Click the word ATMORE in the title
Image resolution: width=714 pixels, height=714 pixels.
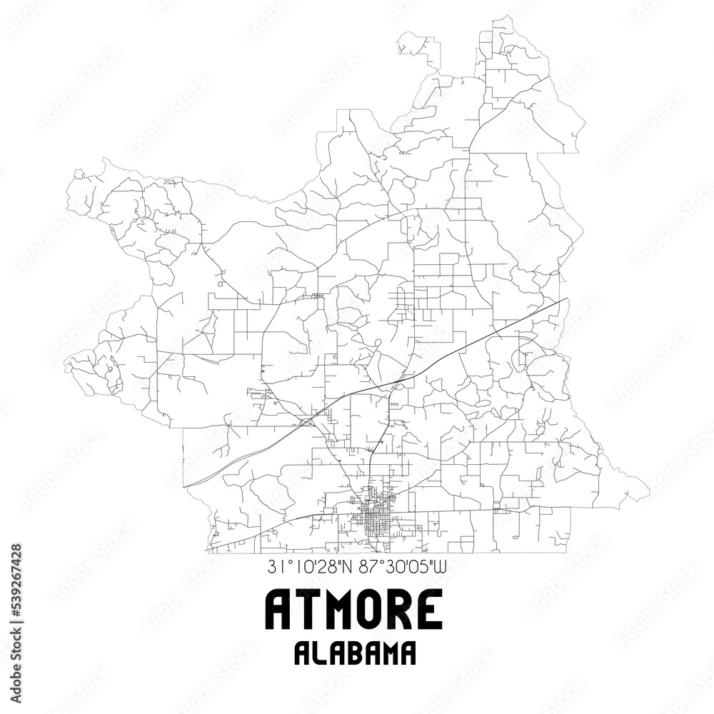pos(354,610)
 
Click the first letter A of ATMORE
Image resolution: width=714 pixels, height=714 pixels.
pos(278,610)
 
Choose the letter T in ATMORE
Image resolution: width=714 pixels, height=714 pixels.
pos(305,610)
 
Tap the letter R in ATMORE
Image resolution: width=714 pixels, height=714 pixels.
pos(401,610)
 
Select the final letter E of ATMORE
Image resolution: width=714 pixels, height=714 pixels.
pos(430,610)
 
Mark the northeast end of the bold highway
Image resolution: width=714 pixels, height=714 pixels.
pos(568,298)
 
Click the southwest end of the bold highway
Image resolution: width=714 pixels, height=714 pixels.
pos(184,486)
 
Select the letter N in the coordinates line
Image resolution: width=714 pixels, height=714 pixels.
pos(346,569)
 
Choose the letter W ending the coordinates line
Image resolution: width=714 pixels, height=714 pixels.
pos(440,569)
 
